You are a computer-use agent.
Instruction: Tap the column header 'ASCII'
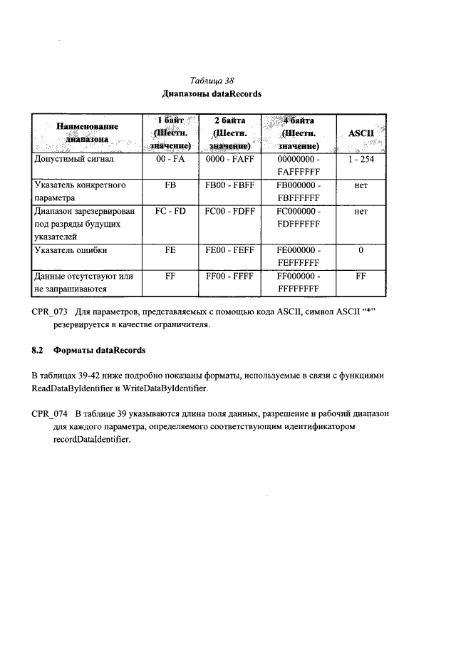pyautogui.click(x=361, y=133)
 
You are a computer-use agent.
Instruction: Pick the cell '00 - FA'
pyautogui.click(x=170, y=160)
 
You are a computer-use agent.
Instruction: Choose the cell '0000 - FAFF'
pyautogui.click(x=229, y=160)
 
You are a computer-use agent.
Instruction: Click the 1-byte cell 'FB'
pyautogui.click(x=170, y=185)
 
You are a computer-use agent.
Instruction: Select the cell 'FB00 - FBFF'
pyautogui.click(x=229, y=185)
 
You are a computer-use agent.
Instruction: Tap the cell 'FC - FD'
pyautogui.click(x=170, y=212)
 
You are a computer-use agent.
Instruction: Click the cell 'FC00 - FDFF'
pyautogui.click(x=229, y=212)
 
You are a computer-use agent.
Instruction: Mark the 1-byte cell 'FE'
pyautogui.click(x=170, y=250)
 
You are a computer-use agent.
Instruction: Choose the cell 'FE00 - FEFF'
pyautogui.click(x=229, y=250)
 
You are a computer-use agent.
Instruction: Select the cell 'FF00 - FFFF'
pyautogui.click(x=229, y=276)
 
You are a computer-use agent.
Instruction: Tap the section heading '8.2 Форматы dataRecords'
pyautogui.click(x=89, y=350)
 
